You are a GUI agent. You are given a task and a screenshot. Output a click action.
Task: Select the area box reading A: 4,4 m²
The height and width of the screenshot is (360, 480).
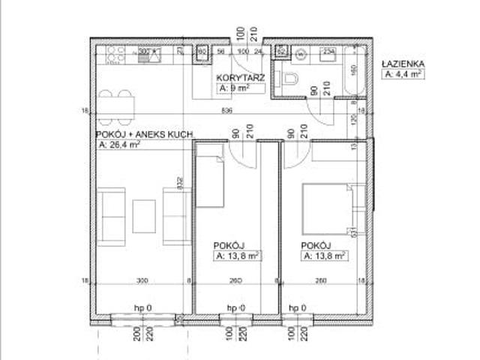click(x=403, y=74)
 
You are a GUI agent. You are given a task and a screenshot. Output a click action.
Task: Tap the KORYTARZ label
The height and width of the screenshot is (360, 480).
click(x=237, y=78)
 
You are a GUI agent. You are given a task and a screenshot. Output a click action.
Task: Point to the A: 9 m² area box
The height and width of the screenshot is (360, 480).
click(x=232, y=88)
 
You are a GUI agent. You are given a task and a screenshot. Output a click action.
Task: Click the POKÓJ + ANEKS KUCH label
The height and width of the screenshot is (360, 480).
click(x=145, y=134)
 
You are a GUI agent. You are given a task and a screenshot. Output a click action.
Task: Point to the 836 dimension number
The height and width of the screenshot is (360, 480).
click(x=227, y=111)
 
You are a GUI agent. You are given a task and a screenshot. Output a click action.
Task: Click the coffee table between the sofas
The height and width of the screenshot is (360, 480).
click(x=144, y=215)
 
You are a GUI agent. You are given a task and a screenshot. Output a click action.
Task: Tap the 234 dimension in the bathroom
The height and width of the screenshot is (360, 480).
click(x=328, y=51)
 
